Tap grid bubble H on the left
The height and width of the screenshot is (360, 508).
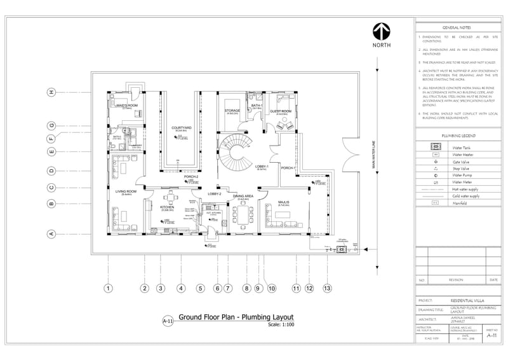[51, 92]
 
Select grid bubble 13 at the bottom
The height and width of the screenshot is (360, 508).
[327, 288]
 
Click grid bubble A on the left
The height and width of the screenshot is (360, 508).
[51, 233]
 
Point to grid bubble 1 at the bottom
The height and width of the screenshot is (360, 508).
[109, 288]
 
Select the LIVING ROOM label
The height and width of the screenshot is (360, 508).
[126, 191]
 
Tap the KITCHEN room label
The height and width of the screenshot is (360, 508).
[167, 207]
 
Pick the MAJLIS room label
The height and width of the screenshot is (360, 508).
[284, 202]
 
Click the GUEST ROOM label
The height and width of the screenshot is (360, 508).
[281, 111]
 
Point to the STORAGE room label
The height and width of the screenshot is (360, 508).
[232, 111]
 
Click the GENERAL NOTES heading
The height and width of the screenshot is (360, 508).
[456, 28]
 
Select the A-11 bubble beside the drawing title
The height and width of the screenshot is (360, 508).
[168, 321]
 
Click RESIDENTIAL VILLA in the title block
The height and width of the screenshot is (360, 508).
[469, 300]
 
